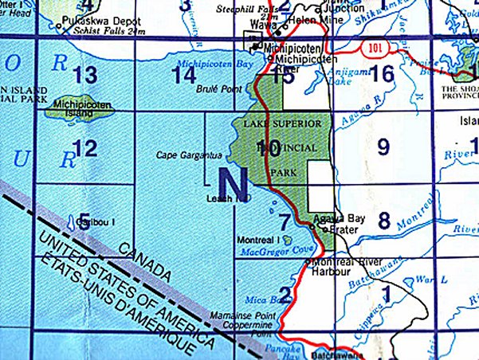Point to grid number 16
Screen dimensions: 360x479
(383, 76)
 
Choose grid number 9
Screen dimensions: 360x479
(383, 147)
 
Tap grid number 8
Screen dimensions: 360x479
(383, 221)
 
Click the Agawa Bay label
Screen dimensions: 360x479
(333, 217)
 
